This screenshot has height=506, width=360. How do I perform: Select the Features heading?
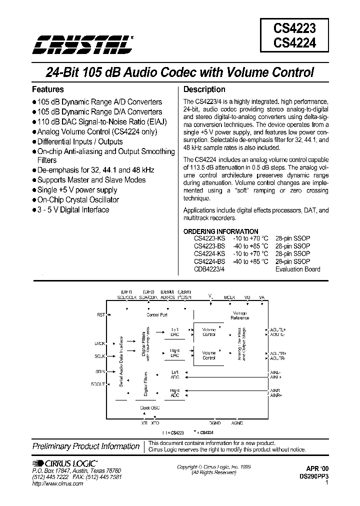(48, 90)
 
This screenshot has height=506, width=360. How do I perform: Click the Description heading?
(204, 90)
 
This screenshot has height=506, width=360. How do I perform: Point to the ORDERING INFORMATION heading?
(221, 231)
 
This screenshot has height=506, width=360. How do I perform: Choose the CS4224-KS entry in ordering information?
(209, 254)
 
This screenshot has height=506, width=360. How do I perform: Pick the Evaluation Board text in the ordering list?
(298, 269)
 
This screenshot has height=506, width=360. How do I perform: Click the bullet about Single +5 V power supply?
(77, 190)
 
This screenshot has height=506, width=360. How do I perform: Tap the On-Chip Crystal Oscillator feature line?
(78, 200)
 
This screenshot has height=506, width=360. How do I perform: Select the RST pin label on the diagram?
(101, 315)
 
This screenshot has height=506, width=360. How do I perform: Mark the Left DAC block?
(175, 332)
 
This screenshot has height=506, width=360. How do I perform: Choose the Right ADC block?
(175, 392)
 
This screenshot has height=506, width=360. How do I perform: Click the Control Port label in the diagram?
(156, 315)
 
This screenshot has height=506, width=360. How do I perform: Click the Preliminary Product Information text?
(86, 446)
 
